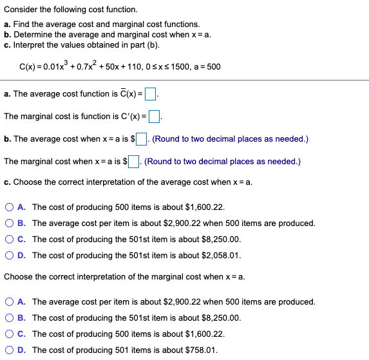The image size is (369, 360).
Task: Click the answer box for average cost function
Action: (x=151, y=95)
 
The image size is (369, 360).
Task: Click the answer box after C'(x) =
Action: (x=155, y=117)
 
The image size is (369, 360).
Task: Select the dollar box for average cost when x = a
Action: (x=142, y=139)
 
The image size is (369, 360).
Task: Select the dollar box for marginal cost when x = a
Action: (x=135, y=162)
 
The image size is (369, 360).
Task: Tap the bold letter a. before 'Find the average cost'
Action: (x=7, y=24)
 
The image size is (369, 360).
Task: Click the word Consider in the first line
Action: (x=20, y=10)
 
